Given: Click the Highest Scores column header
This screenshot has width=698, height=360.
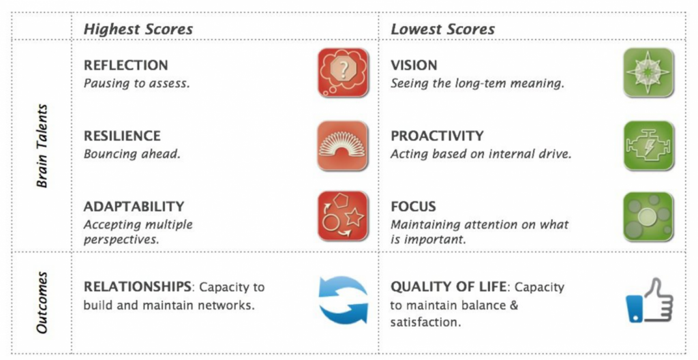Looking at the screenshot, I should click(138, 29).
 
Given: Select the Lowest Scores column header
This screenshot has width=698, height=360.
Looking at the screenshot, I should click(442, 29).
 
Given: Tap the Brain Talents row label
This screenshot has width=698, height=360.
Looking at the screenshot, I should click(42, 145).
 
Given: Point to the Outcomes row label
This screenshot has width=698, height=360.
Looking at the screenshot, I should click(42, 303).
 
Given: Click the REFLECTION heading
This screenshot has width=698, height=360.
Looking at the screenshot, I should click(125, 65).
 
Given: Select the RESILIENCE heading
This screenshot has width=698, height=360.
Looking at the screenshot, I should click(122, 136).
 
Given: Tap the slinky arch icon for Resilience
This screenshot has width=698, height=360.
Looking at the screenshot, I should click(343, 145).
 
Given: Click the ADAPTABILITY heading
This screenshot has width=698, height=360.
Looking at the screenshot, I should click(134, 206).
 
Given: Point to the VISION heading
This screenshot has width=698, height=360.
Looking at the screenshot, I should click(414, 65).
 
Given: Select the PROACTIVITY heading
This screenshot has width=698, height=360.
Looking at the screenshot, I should click(437, 136).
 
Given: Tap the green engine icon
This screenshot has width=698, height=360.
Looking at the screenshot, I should click(649, 145).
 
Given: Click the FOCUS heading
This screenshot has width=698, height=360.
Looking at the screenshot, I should click(413, 206).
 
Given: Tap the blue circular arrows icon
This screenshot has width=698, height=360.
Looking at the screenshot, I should click(343, 299).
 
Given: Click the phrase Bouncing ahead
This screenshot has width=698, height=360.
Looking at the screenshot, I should click(132, 153).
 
